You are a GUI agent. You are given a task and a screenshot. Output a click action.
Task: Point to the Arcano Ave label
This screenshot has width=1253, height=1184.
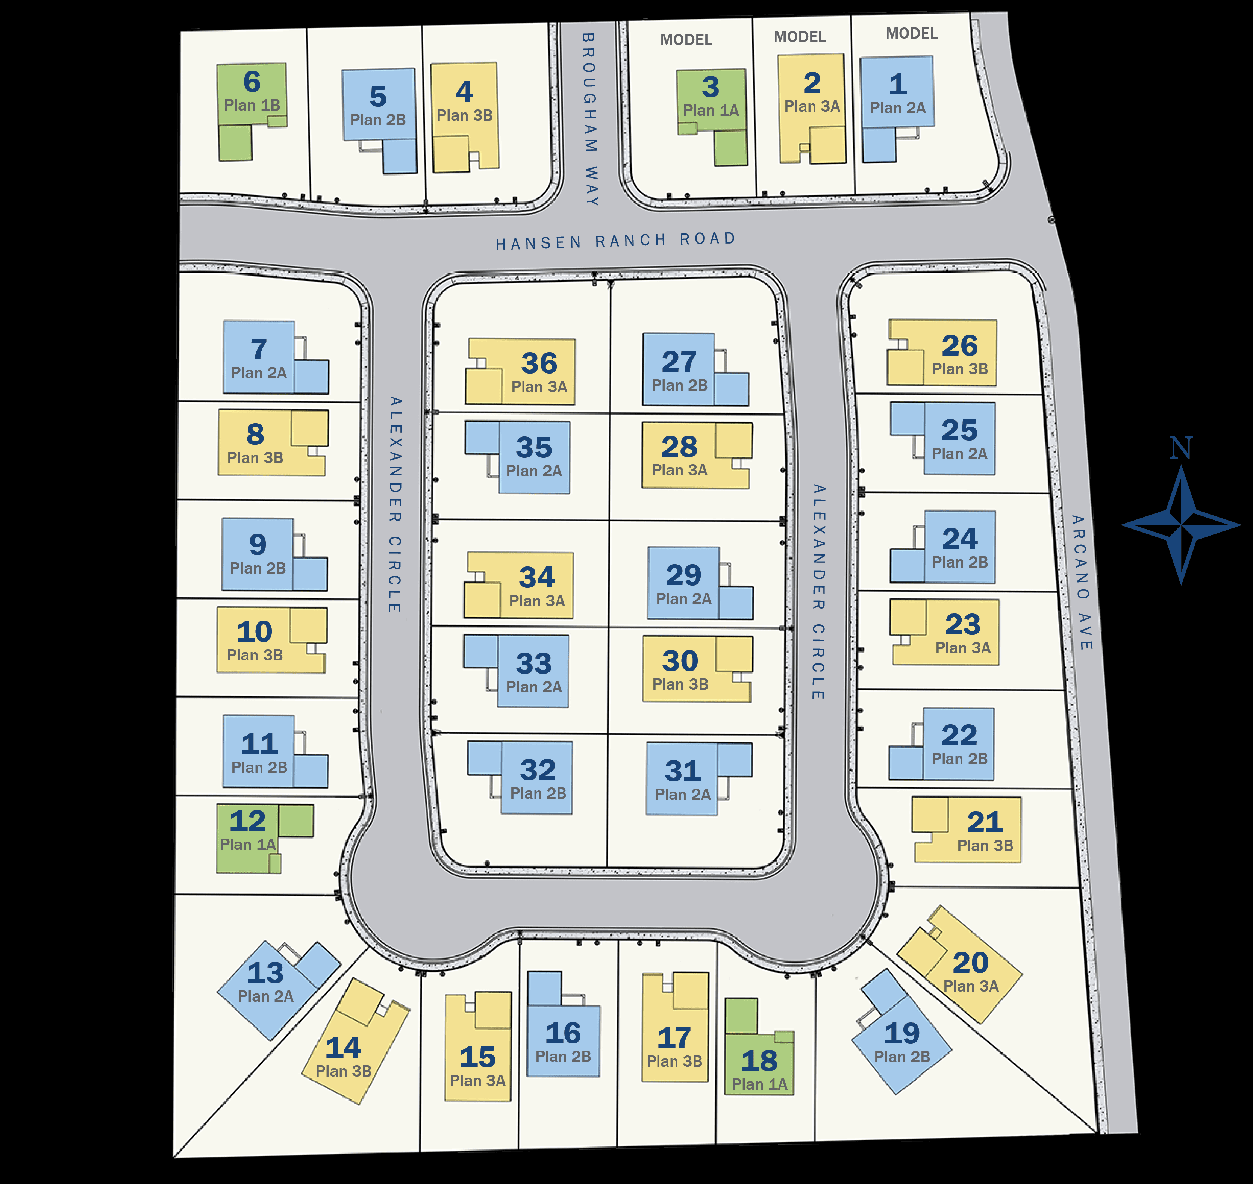click(x=1081, y=582)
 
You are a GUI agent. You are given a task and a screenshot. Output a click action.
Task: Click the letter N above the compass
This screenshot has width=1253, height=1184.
click(x=1180, y=448)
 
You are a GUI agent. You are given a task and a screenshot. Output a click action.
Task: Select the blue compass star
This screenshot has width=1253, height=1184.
click(x=1180, y=525)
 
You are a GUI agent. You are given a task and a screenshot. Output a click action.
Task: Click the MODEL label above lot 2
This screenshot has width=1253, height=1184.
click(x=799, y=36)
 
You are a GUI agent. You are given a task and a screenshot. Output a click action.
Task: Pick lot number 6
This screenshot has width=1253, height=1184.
click(x=252, y=82)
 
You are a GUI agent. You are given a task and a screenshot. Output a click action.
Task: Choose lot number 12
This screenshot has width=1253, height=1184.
click(x=247, y=821)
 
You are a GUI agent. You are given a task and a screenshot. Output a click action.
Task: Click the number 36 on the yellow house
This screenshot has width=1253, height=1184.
click(x=539, y=363)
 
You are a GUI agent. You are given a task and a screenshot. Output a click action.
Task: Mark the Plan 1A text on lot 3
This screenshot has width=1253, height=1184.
click(x=711, y=111)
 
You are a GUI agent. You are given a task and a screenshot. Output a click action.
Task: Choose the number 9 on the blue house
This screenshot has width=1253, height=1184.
click(x=258, y=544)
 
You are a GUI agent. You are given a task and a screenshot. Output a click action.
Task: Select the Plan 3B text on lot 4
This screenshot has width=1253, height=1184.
click(x=465, y=115)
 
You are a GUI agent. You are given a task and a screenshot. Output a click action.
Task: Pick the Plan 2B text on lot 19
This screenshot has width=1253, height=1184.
click(x=902, y=1057)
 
